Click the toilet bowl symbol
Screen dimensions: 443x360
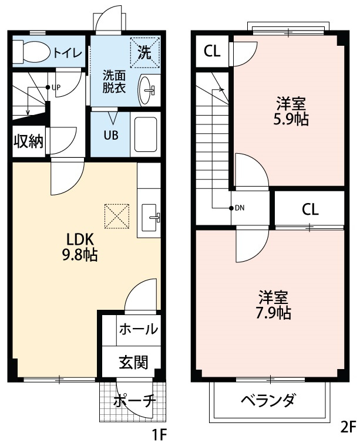point(32,50)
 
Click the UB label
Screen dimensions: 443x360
point(111,135)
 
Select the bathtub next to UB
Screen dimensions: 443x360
point(145,135)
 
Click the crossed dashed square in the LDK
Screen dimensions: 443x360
point(116,216)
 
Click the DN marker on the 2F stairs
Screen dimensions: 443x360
point(237,208)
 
